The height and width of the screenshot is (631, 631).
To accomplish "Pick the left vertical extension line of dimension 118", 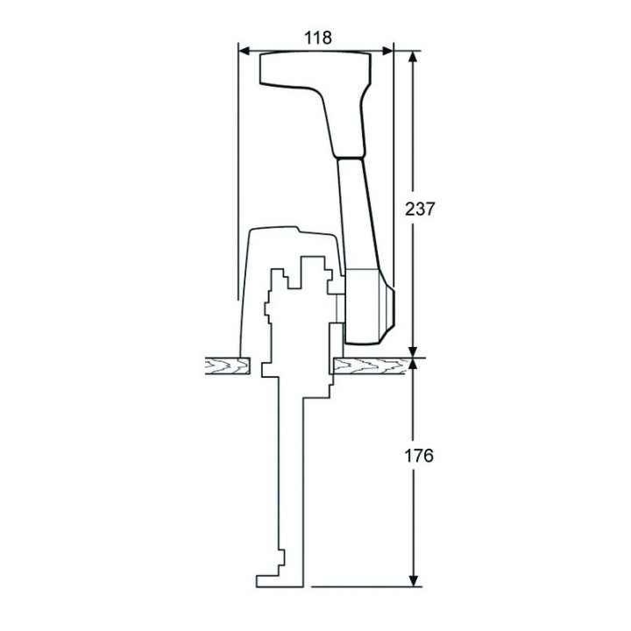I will click(238, 175).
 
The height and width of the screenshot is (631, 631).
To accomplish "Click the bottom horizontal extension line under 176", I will click(359, 585).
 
